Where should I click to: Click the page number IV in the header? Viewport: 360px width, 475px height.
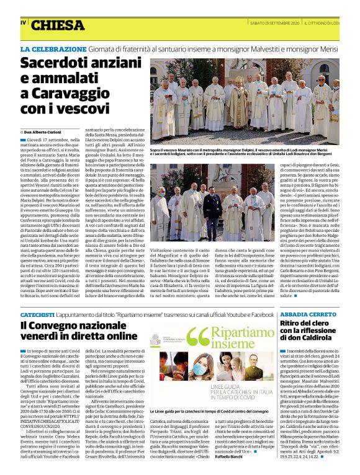(x=24, y=22)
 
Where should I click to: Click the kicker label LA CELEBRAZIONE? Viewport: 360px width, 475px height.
(x=53, y=48)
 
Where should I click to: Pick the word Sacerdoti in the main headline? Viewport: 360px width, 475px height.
(x=53, y=63)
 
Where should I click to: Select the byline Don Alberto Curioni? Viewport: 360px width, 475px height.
(x=47, y=132)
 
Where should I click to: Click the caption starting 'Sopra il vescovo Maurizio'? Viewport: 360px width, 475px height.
(x=244, y=152)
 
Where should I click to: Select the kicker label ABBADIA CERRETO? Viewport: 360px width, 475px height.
(x=307, y=315)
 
